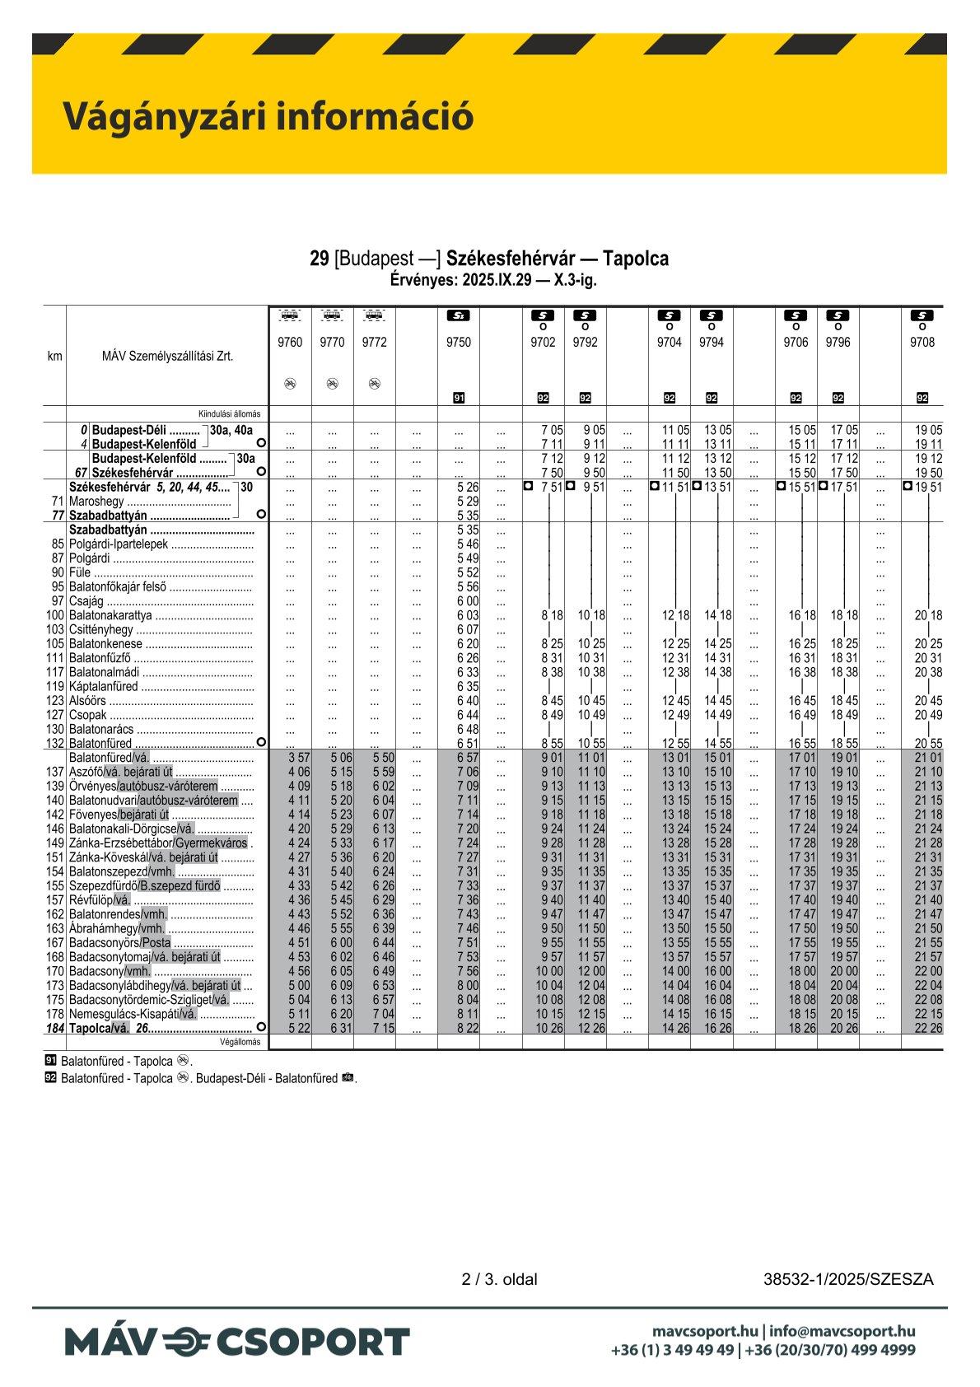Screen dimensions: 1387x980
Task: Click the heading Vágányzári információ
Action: click(x=268, y=116)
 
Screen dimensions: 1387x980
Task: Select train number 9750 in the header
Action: click(x=458, y=343)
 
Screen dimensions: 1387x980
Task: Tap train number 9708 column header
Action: click(x=922, y=343)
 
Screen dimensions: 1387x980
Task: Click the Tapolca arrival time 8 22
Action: click(x=467, y=1028)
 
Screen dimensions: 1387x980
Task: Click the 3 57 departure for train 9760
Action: click(x=299, y=757)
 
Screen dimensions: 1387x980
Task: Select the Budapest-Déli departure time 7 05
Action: click(x=552, y=430)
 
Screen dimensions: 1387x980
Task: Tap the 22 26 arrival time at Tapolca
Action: click(x=928, y=1028)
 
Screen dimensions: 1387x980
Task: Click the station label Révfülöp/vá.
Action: click(x=100, y=899)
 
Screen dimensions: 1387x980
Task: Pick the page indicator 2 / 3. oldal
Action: click(x=499, y=1279)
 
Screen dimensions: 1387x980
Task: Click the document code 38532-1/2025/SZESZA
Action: click(x=848, y=1279)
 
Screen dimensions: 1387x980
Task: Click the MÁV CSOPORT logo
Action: click(x=237, y=1342)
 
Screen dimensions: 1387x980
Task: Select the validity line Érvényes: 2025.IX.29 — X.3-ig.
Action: click(x=492, y=279)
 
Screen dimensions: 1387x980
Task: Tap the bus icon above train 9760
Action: click(x=290, y=315)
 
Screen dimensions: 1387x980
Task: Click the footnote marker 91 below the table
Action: click(x=51, y=1061)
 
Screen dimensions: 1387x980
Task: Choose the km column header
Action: click(x=54, y=357)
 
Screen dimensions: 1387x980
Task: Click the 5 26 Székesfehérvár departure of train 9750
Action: click(x=467, y=488)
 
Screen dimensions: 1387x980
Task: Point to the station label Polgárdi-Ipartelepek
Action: click(x=119, y=544)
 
